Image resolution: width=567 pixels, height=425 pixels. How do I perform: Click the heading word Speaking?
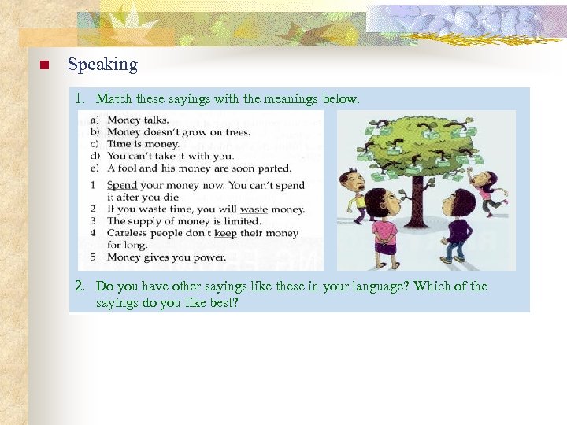click(x=102, y=65)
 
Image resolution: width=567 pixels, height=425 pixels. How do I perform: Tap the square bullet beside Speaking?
click(x=44, y=65)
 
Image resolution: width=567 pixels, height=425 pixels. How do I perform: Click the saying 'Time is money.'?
click(x=143, y=144)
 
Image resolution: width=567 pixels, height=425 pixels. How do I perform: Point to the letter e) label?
click(x=94, y=168)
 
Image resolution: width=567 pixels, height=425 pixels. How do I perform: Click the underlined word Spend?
click(x=121, y=185)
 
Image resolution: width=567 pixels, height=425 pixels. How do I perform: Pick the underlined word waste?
click(x=254, y=209)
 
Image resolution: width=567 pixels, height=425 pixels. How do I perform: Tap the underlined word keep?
click(x=225, y=233)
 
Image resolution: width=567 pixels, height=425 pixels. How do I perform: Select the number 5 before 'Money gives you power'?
click(x=93, y=257)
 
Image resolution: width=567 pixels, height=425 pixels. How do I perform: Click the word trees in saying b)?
click(x=234, y=132)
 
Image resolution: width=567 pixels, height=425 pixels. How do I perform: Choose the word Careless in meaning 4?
click(x=127, y=233)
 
